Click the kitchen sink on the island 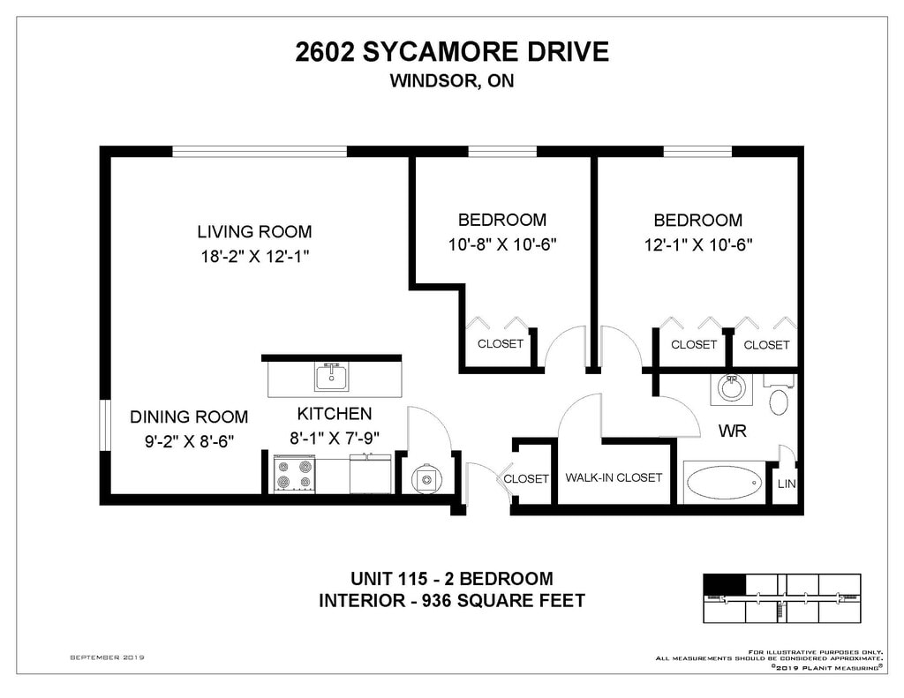point(332,377)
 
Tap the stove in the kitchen point(295,474)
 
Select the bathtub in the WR point(724,483)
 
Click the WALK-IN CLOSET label point(614,477)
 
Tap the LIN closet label point(787,484)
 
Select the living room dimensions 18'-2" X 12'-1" point(255,256)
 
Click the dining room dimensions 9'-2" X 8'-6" point(189,441)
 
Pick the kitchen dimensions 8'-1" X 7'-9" point(335,438)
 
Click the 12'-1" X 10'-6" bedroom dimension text point(698,245)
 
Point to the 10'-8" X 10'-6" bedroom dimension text point(502,244)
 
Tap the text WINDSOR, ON point(451,80)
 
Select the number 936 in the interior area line point(438,601)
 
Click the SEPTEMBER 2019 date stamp point(107,657)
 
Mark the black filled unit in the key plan point(725,584)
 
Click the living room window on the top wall point(260,151)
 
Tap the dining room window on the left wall point(104,424)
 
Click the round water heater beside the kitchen point(426,479)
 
